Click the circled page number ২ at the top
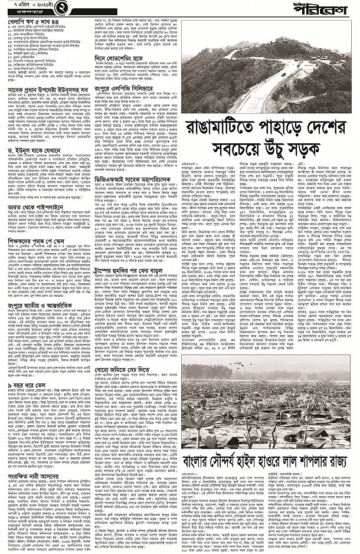point(51,8)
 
